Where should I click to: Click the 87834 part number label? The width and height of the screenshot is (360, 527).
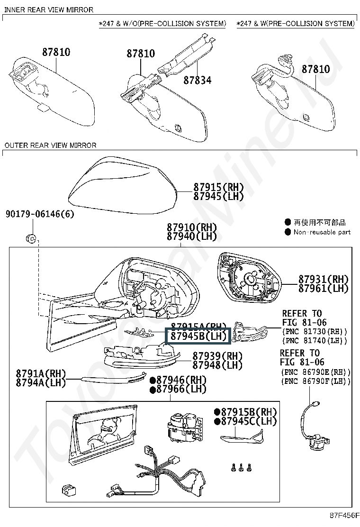point(197,80)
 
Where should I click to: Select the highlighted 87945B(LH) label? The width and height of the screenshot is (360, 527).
point(196,336)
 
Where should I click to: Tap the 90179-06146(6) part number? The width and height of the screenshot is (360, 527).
point(40,214)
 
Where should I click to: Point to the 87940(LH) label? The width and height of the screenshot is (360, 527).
point(192,236)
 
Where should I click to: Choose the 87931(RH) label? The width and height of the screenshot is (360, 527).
point(324,279)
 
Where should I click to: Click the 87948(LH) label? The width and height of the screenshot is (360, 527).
point(217,365)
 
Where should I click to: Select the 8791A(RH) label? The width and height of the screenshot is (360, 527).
point(41,373)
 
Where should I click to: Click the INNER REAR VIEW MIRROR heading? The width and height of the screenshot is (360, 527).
point(49,9)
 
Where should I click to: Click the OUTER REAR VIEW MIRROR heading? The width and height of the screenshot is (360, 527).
point(50,145)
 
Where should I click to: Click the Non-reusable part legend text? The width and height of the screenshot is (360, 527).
point(322,232)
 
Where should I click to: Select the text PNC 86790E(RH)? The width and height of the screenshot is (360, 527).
point(315,372)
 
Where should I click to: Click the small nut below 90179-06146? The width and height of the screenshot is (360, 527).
point(30,238)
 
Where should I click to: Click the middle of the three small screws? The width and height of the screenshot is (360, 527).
point(240,466)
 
